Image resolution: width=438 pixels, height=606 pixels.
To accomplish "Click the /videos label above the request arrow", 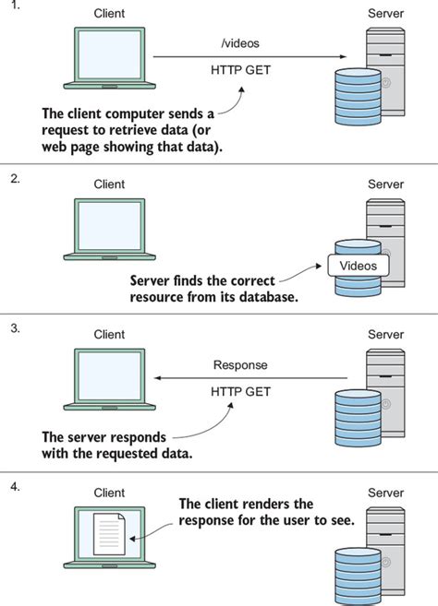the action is tap(240, 43).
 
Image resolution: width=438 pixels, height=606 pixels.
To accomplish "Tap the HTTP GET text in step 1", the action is tap(240, 70).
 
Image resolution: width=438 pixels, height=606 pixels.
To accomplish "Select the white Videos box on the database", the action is tap(359, 266).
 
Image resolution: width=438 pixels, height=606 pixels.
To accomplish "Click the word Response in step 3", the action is tap(240, 365).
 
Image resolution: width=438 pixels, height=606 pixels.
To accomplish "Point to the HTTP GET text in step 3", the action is tap(240, 391).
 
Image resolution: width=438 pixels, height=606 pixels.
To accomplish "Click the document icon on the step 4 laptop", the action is tap(110, 534).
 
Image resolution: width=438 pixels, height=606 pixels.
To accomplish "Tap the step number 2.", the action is tap(15, 179).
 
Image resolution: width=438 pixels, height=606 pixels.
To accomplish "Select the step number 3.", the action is tap(15, 328).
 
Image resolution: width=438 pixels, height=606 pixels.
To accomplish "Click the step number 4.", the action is tap(15, 487).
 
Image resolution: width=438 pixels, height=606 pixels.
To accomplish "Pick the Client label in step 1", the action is tap(109, 13).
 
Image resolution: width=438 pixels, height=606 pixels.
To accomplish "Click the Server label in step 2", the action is tap(385, 184).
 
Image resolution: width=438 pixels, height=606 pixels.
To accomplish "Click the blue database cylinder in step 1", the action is tap(358, 97).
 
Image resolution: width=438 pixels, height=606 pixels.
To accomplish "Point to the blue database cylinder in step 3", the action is tap(358, 418).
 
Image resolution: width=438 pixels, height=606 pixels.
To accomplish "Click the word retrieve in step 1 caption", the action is tap(130, 130).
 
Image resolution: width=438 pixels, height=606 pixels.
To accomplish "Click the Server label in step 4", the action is tap(385, 493).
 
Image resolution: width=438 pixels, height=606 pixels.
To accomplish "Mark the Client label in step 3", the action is tap(109, 334).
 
